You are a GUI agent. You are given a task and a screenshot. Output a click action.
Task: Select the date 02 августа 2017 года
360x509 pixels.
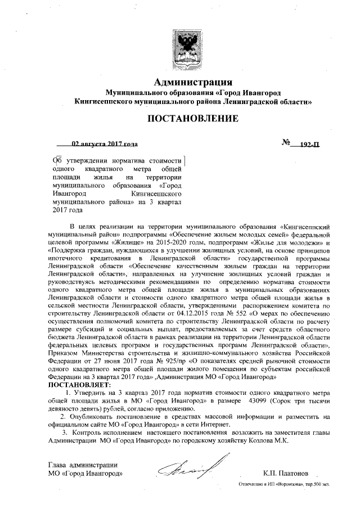[105, 143]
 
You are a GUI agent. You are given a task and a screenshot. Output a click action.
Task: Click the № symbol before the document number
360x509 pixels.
[285, 143]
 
